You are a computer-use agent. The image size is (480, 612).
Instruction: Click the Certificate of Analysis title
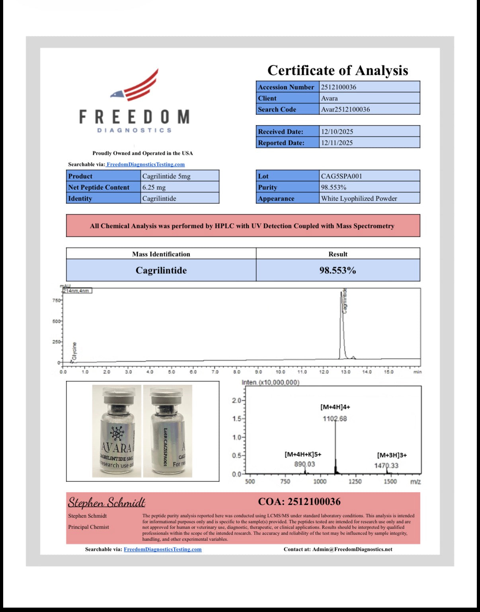338,70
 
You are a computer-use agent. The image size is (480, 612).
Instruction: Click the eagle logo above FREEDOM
135,86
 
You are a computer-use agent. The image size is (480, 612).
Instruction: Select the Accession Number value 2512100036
339,87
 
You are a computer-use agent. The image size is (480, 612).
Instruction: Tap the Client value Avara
330,98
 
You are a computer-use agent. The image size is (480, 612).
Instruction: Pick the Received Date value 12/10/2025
337,132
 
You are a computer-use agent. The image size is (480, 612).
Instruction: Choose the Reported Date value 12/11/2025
337,143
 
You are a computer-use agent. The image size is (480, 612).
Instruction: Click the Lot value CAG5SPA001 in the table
341,176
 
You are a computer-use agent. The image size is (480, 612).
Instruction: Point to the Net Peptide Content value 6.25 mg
154,187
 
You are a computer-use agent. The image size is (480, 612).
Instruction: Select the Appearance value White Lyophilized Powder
359,198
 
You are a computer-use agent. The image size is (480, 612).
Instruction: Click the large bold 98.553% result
338,270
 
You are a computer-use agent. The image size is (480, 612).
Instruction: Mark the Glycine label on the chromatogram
74,351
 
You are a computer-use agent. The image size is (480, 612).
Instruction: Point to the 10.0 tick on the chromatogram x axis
280,372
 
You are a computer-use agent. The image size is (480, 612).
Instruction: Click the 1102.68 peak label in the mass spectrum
335,419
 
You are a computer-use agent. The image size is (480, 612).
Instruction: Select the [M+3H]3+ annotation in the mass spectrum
392,455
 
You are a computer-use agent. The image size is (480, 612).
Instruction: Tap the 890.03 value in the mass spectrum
304,464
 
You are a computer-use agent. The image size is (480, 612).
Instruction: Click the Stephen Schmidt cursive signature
106,502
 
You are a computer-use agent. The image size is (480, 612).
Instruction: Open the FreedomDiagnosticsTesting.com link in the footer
162,550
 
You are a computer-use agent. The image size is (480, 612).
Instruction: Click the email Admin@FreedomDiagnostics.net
352,550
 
